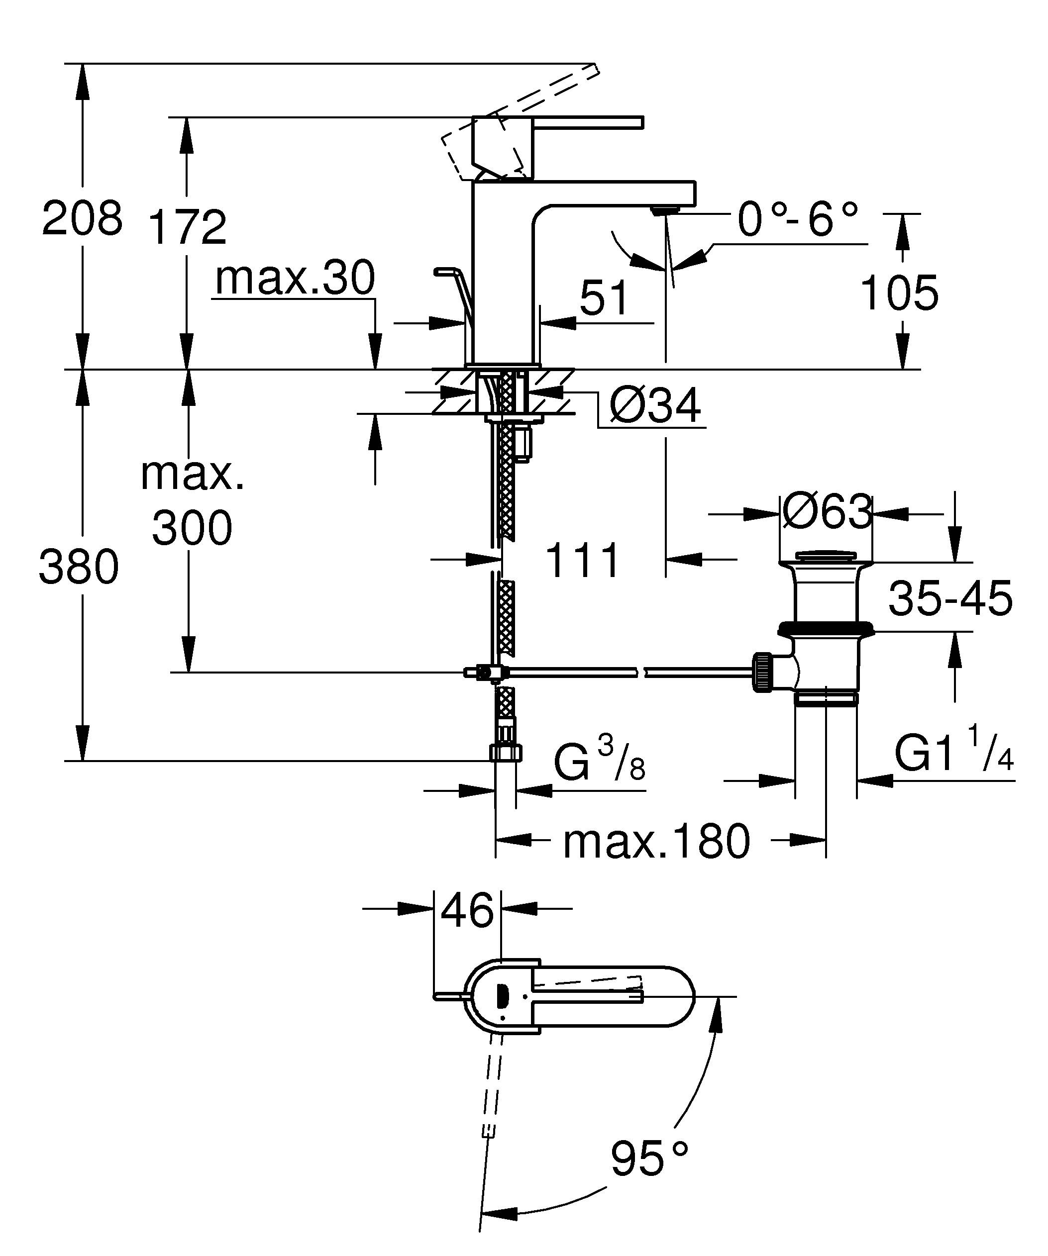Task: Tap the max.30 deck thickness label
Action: coord(295,278)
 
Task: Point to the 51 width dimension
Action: coord(604,297)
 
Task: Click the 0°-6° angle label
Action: coord(797,219)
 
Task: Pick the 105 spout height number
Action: coord(899,293)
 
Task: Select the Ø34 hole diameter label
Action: coord(655,406)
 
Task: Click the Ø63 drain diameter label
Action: coord(827,512)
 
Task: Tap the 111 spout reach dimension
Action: coord(582,561)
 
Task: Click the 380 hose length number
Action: coord(79,567)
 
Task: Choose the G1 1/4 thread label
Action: coord(953,755)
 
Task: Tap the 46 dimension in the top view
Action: coord(467,911)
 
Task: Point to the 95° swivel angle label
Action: coord(649,1159)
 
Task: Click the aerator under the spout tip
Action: coord(665,209)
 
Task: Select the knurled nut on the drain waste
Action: coord(761,673)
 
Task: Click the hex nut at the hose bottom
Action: coord(506,753)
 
